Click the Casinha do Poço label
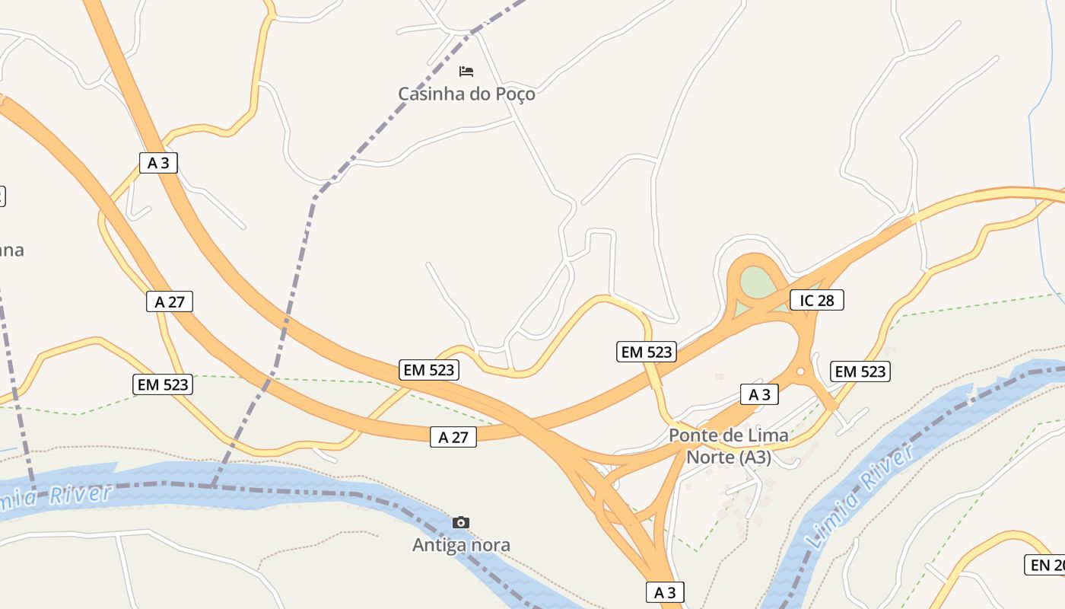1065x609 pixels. pyautogui.click(x=466, y=94)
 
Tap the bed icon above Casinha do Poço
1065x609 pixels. pyautogui.click(x=466, y=72)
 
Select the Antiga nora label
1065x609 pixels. pyautogui.click(x=461, y=545)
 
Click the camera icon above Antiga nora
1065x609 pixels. pyautogui.click(x=461, y=522)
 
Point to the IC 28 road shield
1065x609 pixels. pyautogui.click(x=817, y=300)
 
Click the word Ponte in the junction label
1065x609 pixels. pyautogui.click(x=693, y=436)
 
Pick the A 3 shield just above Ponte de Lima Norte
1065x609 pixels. pyautogui.click(x=760, y=394)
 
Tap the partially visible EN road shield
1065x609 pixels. pyautogui.click(x=1045, y=565)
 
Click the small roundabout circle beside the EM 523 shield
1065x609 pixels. pyautogui.click(x=800, y=371)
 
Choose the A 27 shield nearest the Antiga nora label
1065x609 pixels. pyautogui.click(x=453, y=437)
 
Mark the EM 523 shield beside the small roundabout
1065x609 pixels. pyautogui.click(x=860, y=371)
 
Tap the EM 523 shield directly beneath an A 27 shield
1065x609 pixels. pyautogui.click(x=164, y=384)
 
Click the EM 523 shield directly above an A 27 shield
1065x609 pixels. pyautogui.click(x=429, y=371)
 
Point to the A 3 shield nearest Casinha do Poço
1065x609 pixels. pyautogui.click(x=158, y=162)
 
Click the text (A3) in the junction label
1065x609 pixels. pyautogui.click(x=753, y=458)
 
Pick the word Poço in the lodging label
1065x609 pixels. pyautogui.click(x=514, y=94)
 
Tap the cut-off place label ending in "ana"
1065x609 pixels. pyautogui.click(x=11, y=250)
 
